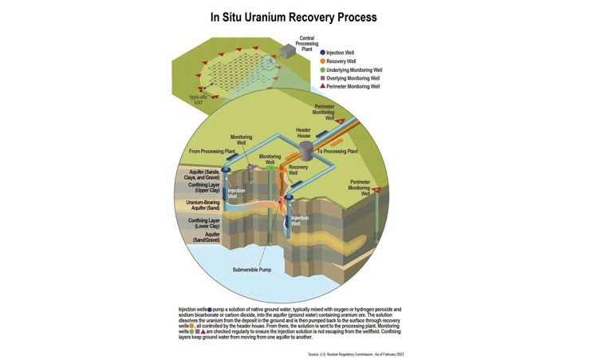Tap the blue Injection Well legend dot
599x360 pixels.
323,53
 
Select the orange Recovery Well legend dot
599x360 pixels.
323,61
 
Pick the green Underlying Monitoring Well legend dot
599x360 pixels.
323,70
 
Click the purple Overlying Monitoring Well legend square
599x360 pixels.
323,78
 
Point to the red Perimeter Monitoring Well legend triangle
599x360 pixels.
323,86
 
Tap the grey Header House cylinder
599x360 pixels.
306,151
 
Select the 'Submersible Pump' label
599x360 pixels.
252,270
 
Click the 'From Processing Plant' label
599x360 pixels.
212,151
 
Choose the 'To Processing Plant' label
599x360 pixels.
337,151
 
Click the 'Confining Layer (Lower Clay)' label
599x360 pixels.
203,223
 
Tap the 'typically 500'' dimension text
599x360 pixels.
197,100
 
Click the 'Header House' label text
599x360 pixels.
303,133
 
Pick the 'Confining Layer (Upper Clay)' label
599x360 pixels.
203,188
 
